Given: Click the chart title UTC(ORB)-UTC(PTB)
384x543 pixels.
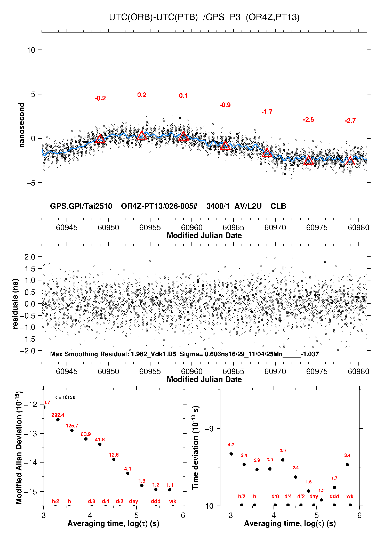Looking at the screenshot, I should (x=153, y=17).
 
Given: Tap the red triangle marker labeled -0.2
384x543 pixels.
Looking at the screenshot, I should (x=100, y=139).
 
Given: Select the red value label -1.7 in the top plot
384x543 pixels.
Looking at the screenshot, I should (x=267, y=112).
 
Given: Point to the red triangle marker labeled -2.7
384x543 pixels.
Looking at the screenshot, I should (x=350, y=161).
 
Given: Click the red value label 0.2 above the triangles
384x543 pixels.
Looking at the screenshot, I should (x=142, y=95).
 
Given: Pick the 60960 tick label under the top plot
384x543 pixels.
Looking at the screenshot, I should (x=192, y=228).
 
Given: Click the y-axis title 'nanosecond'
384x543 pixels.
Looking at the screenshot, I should (x=21, y=125).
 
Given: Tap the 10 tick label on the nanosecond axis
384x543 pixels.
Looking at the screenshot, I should (x=31, y=50).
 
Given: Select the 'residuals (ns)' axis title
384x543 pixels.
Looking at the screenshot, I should (x=15, y=304).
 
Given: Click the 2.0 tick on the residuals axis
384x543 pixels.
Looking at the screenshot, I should (x=30, y=257).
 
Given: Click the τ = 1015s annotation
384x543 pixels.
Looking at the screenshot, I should (x=65, y=398).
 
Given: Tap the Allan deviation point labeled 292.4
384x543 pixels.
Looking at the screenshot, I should (x=58, y=420).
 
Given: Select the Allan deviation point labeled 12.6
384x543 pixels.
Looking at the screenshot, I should (x=114, y=459).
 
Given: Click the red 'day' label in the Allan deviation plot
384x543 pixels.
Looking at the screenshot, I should (x=133, y=501).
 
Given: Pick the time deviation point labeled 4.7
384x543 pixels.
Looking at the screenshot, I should (x=231, y=454).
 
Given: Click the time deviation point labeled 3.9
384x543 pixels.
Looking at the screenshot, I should (x=283, y=460).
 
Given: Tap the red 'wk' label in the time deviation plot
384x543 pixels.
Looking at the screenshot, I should (x=350, y=496).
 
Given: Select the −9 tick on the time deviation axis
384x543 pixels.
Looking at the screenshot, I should (x=209, y=428).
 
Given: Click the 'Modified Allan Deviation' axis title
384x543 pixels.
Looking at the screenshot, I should (x=19, y=448).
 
